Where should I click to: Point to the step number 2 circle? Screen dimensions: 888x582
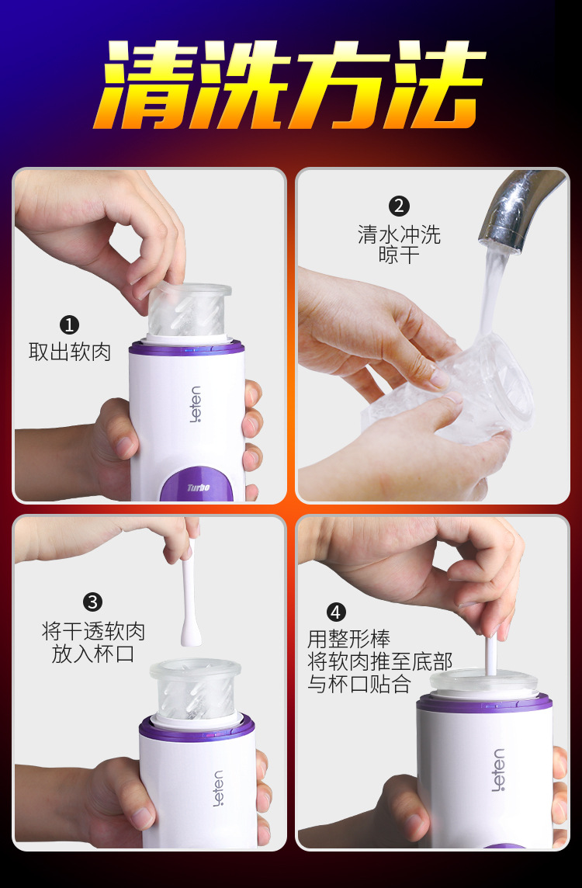[x=399, y=206]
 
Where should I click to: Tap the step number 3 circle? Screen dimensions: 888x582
[x=93, y=602]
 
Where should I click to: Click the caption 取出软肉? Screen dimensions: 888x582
[x=70, y=352]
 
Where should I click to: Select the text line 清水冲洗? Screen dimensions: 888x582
[x=399, y=234]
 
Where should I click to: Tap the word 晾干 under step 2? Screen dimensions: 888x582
[x=399, y=255]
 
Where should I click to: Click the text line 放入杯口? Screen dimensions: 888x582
[x=93, y=654]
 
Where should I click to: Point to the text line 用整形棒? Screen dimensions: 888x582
[x=348, y=639]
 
